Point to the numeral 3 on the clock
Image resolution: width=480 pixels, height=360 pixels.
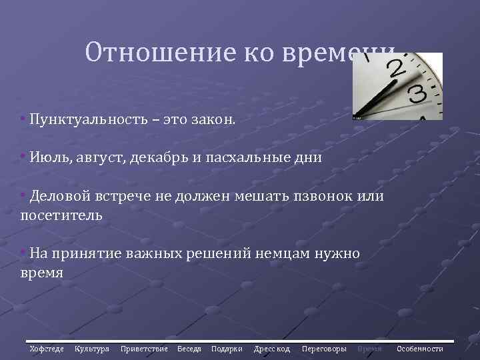pos(418,93)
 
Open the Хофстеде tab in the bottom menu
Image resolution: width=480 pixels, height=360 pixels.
pos(47,349)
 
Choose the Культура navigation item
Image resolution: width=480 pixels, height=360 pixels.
pos(92,349)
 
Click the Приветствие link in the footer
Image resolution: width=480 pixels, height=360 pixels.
pos(144,349)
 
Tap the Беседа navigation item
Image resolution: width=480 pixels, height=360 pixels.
pos(189,349)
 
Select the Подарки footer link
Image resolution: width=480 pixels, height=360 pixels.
pos(227,349)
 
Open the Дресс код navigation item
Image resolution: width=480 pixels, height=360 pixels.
pos(272,349)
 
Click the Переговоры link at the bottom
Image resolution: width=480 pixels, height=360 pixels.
pos(324,349)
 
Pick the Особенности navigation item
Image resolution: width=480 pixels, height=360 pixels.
pos(420,349)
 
